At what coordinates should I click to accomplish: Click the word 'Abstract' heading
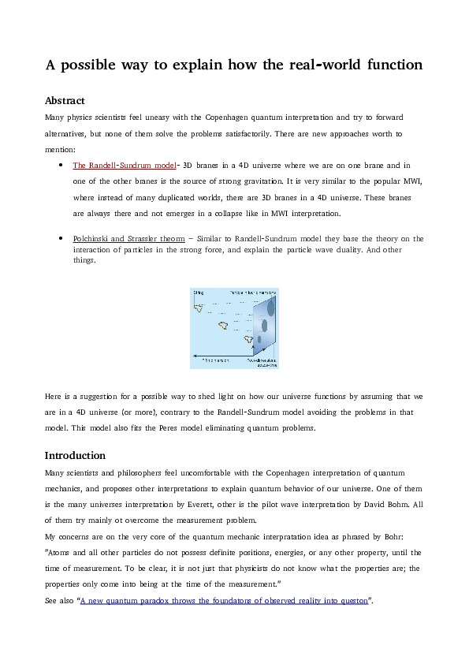[x=65, y=101]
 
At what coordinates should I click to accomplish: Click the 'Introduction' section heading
[x=75, y=455]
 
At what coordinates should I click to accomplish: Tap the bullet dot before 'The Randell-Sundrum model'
[x=61, y=166]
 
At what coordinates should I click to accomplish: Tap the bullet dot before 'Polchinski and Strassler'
[x=61, y=238]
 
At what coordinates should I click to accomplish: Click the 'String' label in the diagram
[x=199, y=293]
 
